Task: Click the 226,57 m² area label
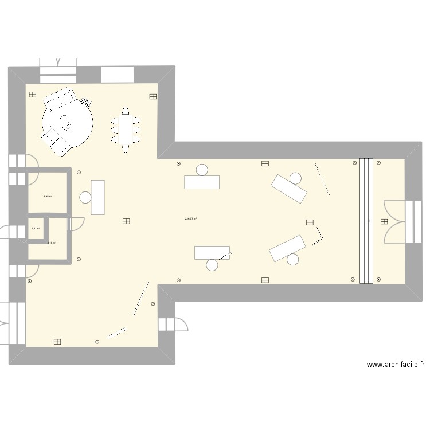click(191, 218)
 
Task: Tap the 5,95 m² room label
click(48, 196)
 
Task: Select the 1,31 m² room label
click(36, 229)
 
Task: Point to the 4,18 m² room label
click(51, 243)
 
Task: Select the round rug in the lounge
click(68, 123)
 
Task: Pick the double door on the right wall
click(396, 221)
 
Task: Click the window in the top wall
click(118, 75)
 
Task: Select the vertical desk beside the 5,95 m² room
click(98, 197)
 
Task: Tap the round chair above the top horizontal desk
click(202, 170)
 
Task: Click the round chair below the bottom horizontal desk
click(212, 265)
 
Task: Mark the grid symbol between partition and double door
click(384, 221)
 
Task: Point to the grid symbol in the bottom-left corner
click(57, 342)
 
